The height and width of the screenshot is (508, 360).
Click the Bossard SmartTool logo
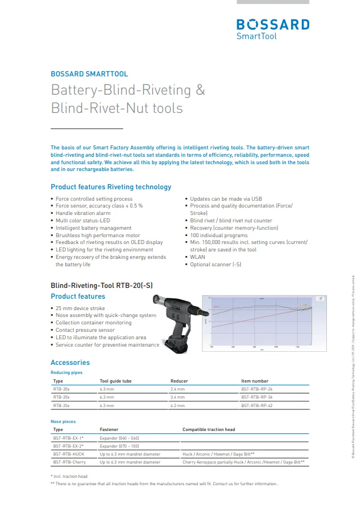tap(273, 29)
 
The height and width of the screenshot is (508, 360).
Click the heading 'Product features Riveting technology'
tap(111, 187)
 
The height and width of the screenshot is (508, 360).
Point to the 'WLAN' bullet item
tap(197, 257)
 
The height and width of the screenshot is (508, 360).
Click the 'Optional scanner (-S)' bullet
tap(215, 265)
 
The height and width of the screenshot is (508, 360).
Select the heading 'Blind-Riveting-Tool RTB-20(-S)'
tap(102, 285)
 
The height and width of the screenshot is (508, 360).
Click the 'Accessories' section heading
tap(70, 362)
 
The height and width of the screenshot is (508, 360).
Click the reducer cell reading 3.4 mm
tap(177, 397)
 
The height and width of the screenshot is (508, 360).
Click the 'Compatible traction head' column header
tap(209, 429)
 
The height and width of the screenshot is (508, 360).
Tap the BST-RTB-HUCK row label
tap(70, 454)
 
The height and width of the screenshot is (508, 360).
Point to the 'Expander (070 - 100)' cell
tap(120, 446)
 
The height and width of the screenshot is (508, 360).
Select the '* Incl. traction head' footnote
tap(69, 476)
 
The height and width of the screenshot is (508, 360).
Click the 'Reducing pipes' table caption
tap(66, 372)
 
